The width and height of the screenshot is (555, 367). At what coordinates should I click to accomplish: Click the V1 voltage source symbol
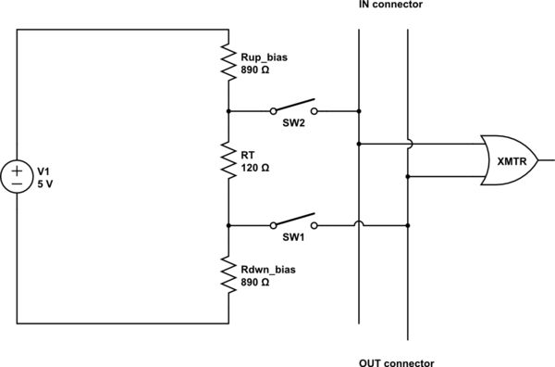click(18, 176)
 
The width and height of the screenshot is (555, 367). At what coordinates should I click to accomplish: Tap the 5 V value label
click(45, 183)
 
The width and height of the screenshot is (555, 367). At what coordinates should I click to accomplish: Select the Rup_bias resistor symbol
click(228, 61)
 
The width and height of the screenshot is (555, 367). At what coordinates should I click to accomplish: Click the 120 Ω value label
click(255, 169)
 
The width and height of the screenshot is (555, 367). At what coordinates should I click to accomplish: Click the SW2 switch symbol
click(292, 108)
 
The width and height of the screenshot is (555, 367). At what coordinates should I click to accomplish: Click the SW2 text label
click(293, 121)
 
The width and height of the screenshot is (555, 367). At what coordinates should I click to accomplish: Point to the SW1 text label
click(293, 236)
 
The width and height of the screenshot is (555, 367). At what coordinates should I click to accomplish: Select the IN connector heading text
click(389, 6)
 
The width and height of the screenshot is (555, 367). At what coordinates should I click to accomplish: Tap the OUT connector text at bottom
click(395, 362)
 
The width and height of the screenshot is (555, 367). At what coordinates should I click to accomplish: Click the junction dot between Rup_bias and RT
click(228, 110)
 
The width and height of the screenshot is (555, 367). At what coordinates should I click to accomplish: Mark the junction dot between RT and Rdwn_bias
click(228, 225)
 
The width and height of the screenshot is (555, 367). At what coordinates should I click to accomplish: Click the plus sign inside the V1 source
click(18, 170)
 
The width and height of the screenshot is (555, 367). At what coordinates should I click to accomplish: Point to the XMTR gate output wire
click(546, 160)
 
